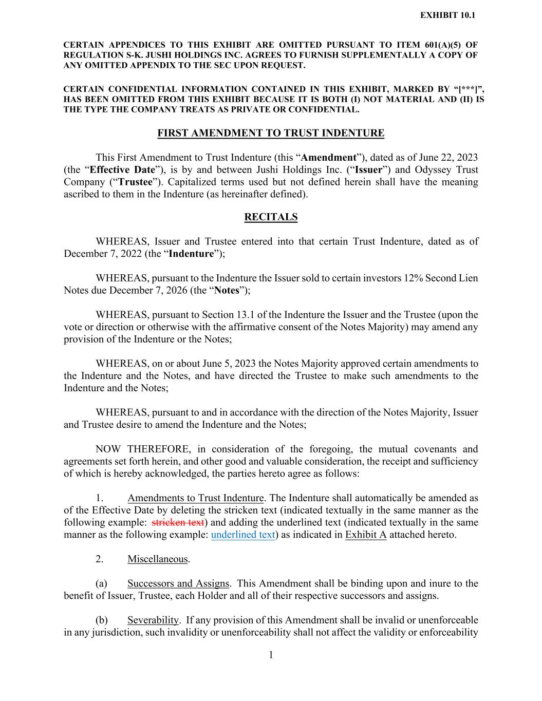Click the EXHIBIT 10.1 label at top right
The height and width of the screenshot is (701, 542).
coord(447,15)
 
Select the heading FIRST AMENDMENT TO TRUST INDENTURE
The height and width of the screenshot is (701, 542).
coord(271,133)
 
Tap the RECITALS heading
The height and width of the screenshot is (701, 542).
coord(271,217)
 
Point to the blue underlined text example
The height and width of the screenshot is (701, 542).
coord(243,535)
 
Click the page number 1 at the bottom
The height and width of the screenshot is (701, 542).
coord(271,654)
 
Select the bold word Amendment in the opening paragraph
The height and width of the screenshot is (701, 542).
coord(329,158)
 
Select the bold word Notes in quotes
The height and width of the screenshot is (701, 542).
coord(227,290)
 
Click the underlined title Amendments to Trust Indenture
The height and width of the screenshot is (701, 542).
coord(195,498)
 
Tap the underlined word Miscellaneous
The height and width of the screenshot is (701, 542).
coord(158,559)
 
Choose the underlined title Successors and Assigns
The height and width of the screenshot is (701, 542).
coord(178,583)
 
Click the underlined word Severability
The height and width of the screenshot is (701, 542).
coord(153,620)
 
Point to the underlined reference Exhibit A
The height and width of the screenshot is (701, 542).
coord(366,535)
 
